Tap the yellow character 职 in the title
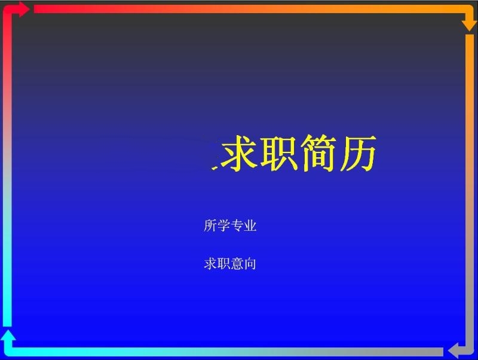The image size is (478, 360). point(278,152)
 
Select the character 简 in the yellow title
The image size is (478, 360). point(318,152)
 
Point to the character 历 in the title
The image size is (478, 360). point(358,152)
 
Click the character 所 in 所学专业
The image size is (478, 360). point(210,225)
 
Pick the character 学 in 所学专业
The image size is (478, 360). point(223,225)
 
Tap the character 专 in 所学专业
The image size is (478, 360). point(237,225)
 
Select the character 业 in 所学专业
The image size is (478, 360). point(250,225)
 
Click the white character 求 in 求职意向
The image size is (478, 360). point(210,264)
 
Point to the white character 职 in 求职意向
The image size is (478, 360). point(223,264)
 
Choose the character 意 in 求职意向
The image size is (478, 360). point(237,264)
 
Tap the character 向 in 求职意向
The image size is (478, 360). point(250,264)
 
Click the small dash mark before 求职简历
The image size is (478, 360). point(215,167)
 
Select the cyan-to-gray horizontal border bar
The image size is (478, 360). point(226,352)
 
